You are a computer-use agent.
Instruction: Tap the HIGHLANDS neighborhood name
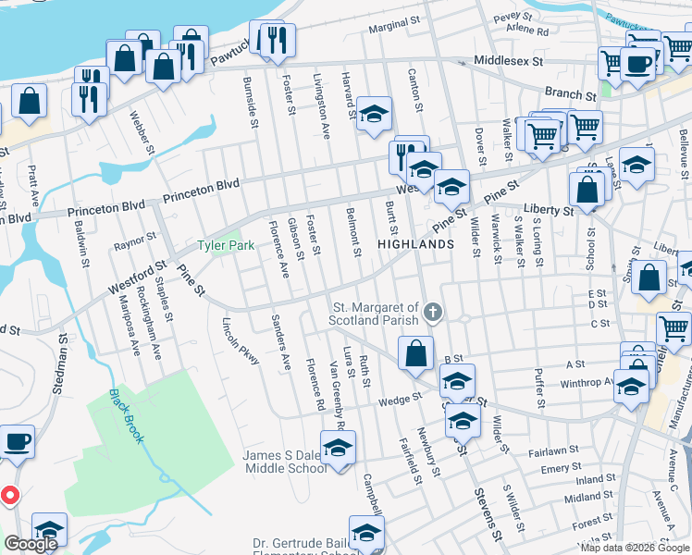(415, 244)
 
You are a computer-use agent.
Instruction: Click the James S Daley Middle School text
(285, 462)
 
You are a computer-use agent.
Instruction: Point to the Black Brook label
(126, 415)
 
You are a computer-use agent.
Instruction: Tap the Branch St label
(570, 94)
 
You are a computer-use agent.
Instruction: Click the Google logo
(31, 544)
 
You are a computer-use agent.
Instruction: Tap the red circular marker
(10, 495)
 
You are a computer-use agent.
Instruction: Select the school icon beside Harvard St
(375, 114)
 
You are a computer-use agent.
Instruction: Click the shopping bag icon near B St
(416, 352)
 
